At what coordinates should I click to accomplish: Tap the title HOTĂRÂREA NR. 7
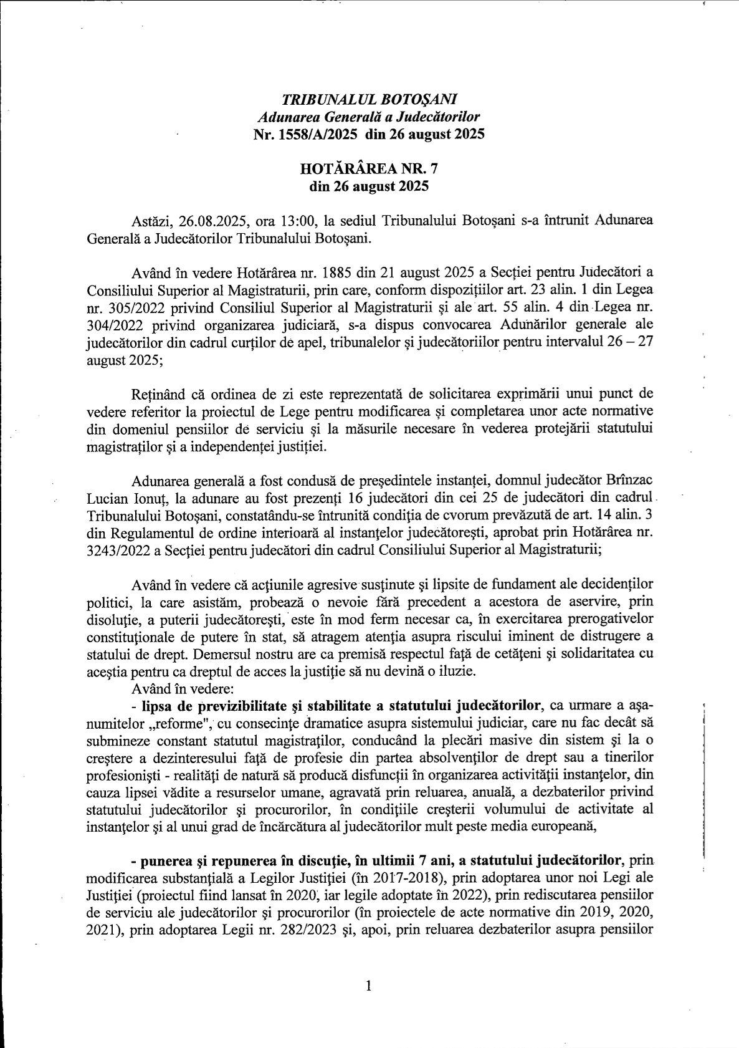point(369,168)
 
